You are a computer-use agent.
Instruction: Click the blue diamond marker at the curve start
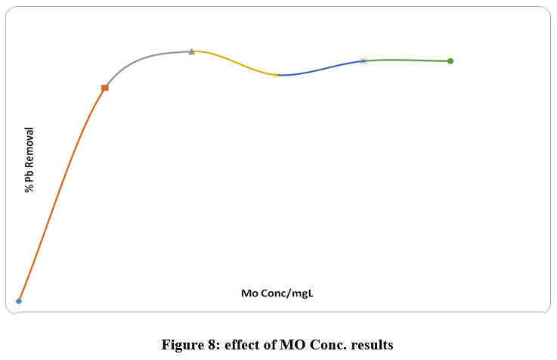tap(19, 301)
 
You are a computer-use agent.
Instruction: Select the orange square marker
tap(105, 88)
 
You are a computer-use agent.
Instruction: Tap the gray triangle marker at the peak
tap(191, 51)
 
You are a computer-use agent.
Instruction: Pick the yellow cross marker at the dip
tap(277, 74)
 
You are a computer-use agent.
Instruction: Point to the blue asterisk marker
tap(364, 61)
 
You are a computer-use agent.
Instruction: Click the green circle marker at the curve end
tap(450, 61)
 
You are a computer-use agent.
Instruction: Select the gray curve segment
tap(144, 57)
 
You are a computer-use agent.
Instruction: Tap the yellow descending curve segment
tap(234, 62)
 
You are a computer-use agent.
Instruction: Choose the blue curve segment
tap(321, 68)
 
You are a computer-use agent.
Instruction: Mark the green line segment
tap(408, 60)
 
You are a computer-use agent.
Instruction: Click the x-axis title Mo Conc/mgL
tap(277, 293)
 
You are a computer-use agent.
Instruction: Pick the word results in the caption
tap(372, 346)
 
